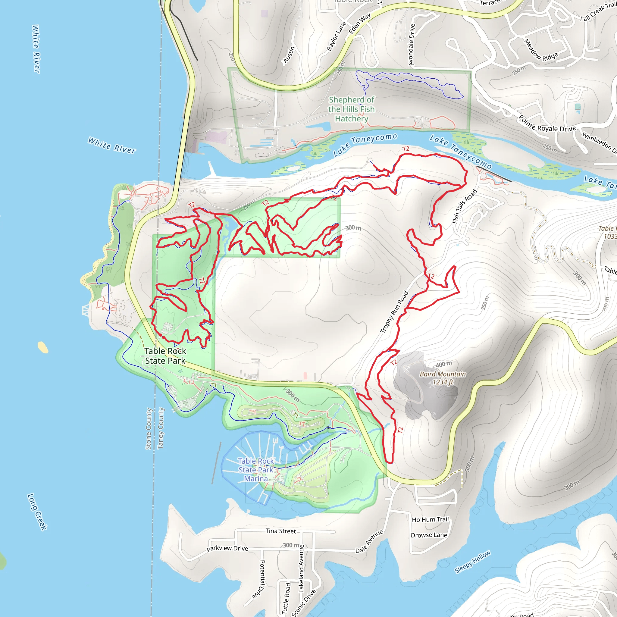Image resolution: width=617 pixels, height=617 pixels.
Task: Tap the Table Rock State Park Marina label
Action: point(256,470)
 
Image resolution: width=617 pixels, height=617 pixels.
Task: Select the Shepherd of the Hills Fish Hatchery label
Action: point(352,109)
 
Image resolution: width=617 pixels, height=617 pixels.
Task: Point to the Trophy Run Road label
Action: point(394,312)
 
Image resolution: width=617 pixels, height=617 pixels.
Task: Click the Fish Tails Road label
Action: point(465,206)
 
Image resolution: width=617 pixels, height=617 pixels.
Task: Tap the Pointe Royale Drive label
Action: point(547,124)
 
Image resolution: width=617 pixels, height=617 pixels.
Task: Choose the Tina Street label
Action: point(281,531)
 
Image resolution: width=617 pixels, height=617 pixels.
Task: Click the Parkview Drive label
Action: point(227,548)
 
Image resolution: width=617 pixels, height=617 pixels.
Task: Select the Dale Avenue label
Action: point(369,541)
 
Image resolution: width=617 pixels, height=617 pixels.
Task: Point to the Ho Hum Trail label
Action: point(430,520)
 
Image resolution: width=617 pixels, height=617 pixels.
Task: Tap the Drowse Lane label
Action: point(429,535)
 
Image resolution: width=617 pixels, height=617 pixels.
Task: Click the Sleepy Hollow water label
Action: point(472,562)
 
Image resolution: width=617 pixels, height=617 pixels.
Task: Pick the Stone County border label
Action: point(149,429)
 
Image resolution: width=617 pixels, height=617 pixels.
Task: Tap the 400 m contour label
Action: point(444,365)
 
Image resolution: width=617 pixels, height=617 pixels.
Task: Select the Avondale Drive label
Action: point(412,45)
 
